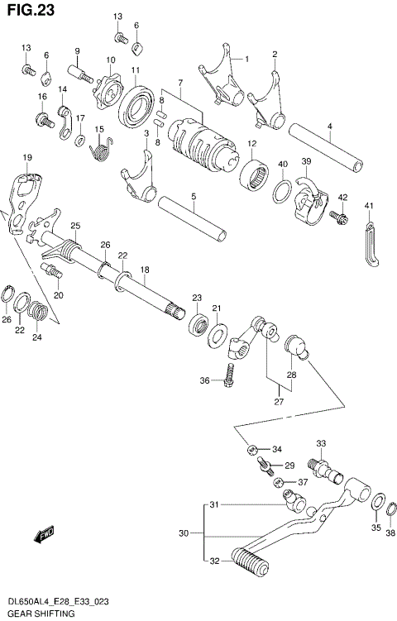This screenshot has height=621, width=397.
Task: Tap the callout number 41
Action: point(369,206)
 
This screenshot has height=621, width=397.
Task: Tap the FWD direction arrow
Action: point(44,537)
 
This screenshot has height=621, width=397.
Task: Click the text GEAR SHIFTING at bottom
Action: point(40,614)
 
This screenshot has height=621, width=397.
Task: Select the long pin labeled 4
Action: point(326,146)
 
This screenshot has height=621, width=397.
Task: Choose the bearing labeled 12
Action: point(253,175)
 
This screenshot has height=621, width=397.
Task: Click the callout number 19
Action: point(27,157)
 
